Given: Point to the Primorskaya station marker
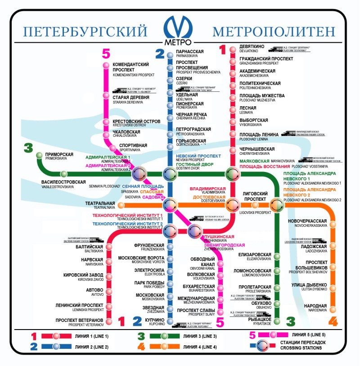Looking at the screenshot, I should (39, 155).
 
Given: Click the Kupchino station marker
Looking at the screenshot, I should (170, 321).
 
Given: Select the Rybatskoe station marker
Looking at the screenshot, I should (278, 321).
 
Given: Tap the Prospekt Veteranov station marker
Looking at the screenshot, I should (108, 321).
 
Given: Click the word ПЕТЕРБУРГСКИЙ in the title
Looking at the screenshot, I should (85, 32).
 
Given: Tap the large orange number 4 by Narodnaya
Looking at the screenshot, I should (333, 321).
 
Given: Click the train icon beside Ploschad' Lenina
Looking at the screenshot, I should (288, 133).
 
